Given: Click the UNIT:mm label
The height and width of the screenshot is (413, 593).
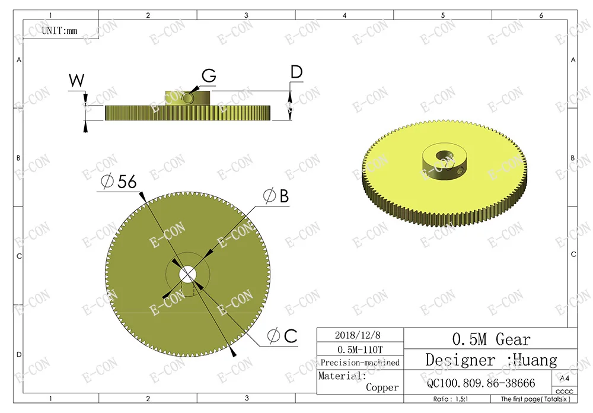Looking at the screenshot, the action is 59,31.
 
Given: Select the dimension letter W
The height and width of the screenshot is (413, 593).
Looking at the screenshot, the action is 76,81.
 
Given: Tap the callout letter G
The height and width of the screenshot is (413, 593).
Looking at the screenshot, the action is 209,75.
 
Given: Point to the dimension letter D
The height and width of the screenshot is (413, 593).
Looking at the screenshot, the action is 297,72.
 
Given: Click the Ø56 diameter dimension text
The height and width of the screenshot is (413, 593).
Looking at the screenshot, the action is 119,182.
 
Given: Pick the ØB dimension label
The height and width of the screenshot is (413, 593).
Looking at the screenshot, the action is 276,196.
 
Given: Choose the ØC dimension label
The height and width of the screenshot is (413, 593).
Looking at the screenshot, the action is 282,336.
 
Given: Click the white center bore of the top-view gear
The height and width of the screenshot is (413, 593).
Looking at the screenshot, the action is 187,274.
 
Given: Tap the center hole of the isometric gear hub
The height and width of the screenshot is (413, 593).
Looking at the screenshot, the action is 444,155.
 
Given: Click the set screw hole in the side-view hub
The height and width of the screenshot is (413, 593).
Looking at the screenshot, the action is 187,99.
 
